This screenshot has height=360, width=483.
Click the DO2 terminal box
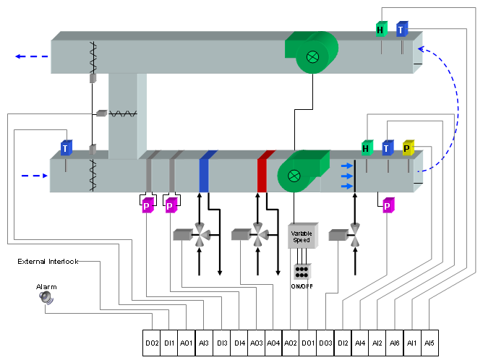click(152, 342)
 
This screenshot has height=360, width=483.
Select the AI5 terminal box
click(429, 342)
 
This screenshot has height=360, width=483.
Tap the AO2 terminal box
click(291, 342)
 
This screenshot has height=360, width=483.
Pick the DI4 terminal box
click(239, 342)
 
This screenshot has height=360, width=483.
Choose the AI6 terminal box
click(394, 342)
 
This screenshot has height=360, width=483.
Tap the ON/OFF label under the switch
click(302, 286)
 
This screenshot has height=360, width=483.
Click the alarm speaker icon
click(47, 297)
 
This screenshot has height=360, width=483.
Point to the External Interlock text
click(48, 261)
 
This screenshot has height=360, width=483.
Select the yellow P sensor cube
click(408, 148)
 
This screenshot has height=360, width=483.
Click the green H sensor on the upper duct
click(380, 30)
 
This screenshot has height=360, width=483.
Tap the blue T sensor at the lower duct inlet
click(66, 148)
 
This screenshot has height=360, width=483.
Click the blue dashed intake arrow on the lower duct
click(32, 175)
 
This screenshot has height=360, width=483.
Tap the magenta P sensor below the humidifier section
click(388, 205)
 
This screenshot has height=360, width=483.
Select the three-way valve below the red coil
click(257, 234)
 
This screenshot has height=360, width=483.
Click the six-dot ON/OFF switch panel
click(302, 272)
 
